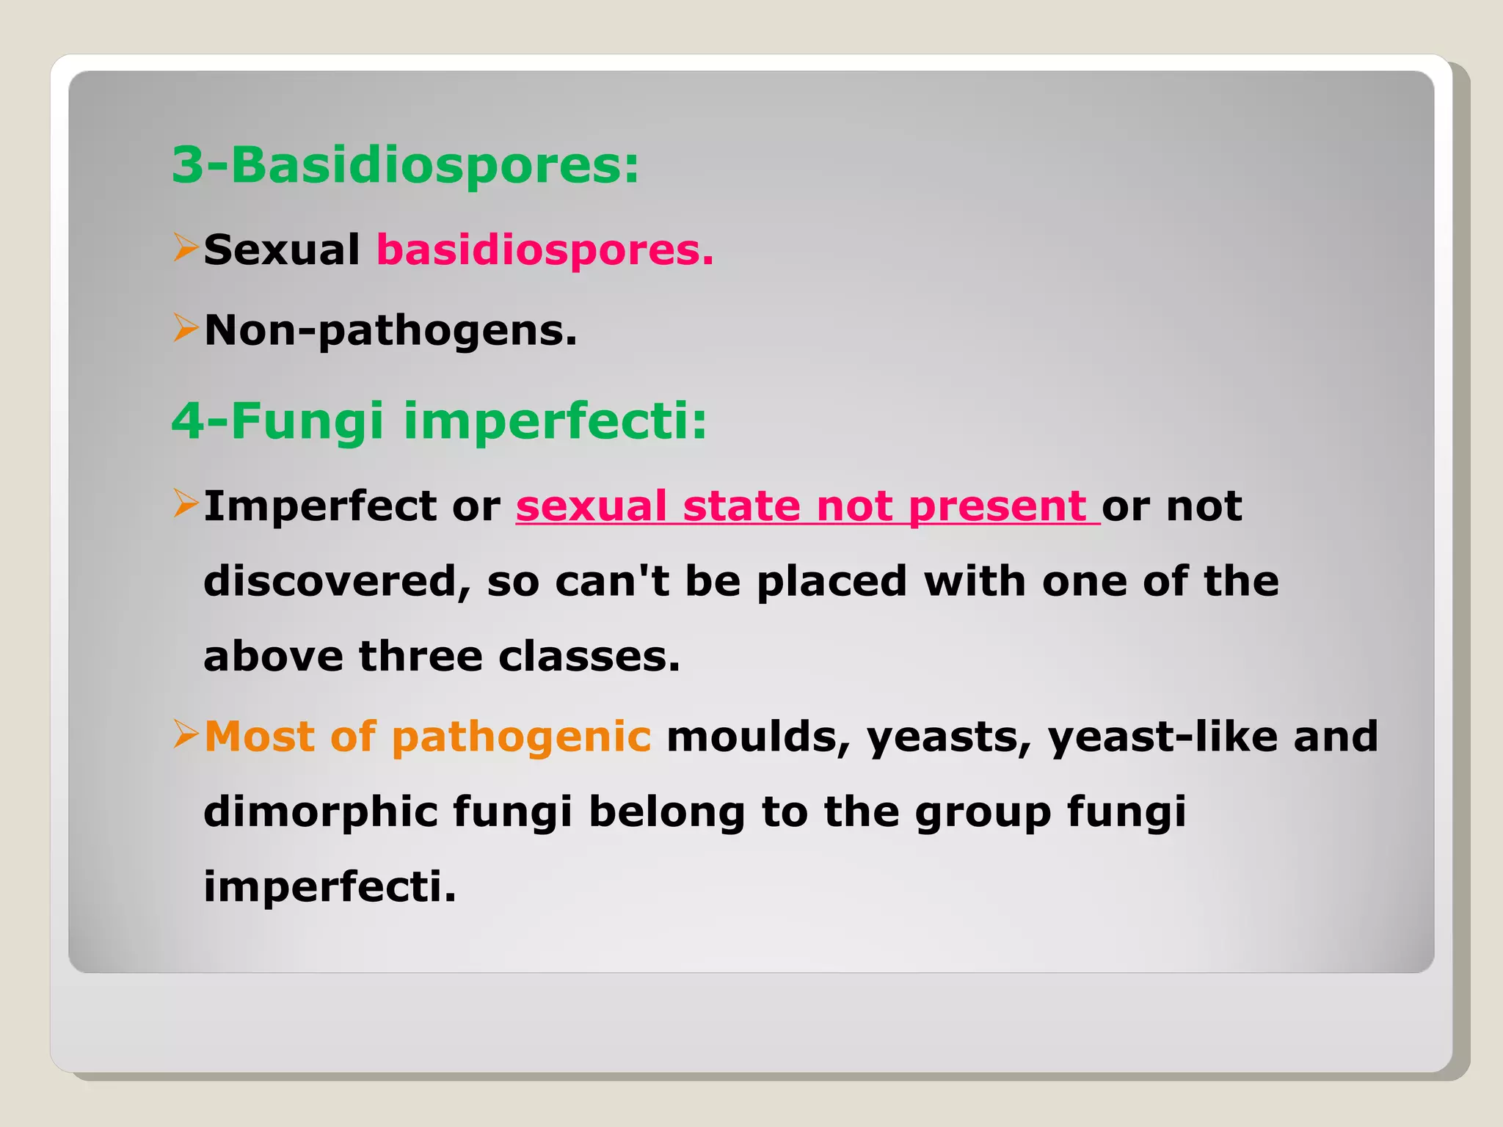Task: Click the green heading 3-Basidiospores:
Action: (405, 166)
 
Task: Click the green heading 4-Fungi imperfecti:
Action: (439, 422)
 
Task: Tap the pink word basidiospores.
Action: (545, 251)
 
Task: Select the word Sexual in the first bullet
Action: (282, 250)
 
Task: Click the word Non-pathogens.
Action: (390, 332)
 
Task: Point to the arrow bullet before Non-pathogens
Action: (185, 328)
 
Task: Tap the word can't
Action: (612, 582)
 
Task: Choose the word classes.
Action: (589, 657)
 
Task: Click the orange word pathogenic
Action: (521, 737)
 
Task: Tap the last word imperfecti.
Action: (330, 888)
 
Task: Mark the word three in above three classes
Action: (421, 657)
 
